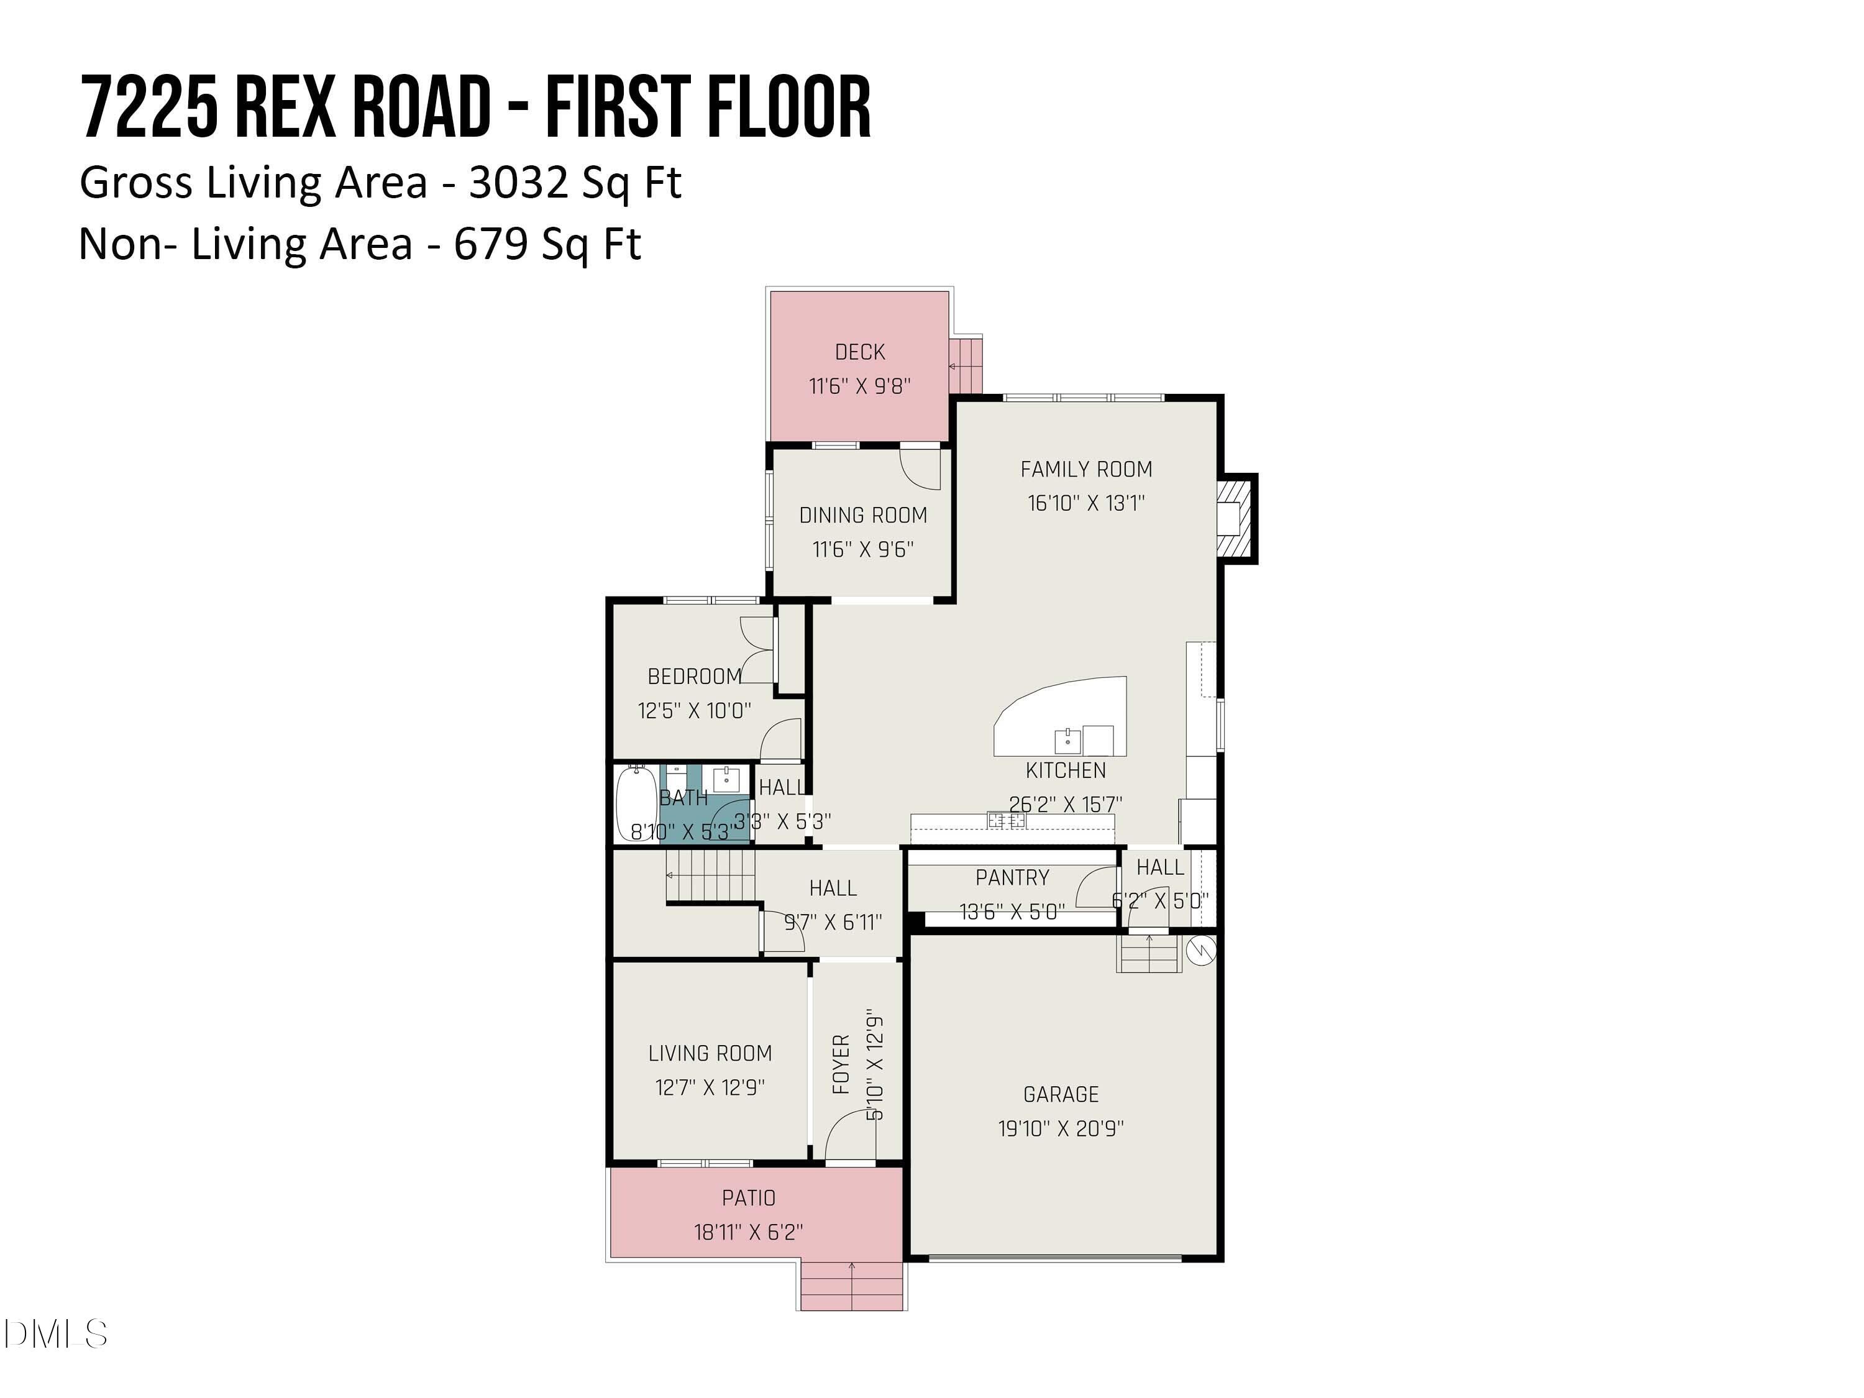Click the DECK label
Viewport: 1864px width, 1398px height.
[859, 352]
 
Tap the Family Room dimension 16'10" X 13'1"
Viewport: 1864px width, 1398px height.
[1085, 503]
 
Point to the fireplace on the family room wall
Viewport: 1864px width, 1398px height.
[1235, 518]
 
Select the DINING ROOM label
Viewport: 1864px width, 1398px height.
[863, 515]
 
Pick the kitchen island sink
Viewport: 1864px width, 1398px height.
[1067, 740]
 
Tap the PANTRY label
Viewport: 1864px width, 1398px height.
[1012, 877]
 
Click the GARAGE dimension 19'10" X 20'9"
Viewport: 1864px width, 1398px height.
[1061, 1128]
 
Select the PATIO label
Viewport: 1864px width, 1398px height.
[748, 1197]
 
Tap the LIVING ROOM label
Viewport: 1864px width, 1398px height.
[710, 1053]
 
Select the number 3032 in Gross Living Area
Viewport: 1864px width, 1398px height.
[518, 182]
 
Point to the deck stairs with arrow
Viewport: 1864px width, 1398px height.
[966, 365]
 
